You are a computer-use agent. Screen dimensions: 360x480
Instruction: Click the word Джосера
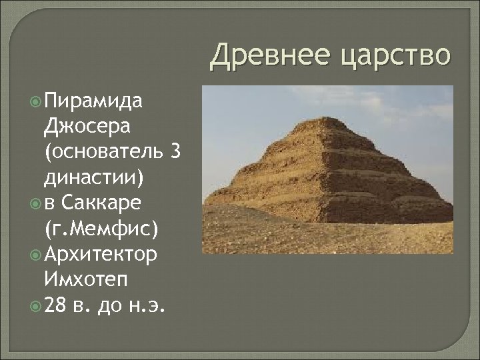point(84,126)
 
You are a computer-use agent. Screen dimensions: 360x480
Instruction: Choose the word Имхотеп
point(85,278)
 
